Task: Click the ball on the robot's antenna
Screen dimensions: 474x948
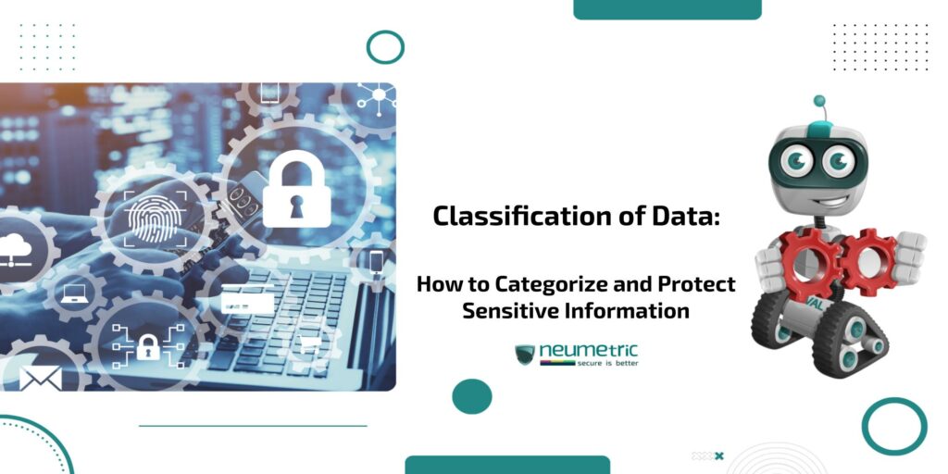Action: pos(818,101)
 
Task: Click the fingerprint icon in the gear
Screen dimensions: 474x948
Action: pos(148,215)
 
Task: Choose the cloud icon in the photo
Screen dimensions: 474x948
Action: pos(16,246)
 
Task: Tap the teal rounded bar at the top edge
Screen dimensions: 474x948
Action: pos(667,8)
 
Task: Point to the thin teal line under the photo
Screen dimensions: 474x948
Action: pos(253,426)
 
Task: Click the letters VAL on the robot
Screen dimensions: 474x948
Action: pos(815,302)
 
